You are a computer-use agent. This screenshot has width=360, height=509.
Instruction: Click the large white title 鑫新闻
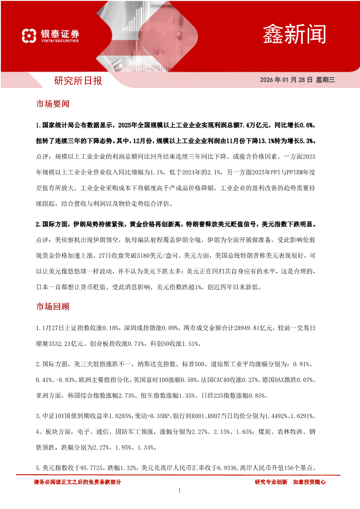coord(294,34)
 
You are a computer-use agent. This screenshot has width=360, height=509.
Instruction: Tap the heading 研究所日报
coord(78,81)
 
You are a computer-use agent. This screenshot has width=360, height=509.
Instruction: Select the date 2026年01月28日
coord(286,80)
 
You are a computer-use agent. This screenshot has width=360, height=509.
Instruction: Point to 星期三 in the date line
coord(325,80)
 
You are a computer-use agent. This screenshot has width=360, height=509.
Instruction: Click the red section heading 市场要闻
coord(52,104)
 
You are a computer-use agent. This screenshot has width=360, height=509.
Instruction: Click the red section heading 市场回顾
coord(52,307)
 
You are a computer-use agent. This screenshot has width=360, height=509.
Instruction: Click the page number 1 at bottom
coord(180,491)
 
